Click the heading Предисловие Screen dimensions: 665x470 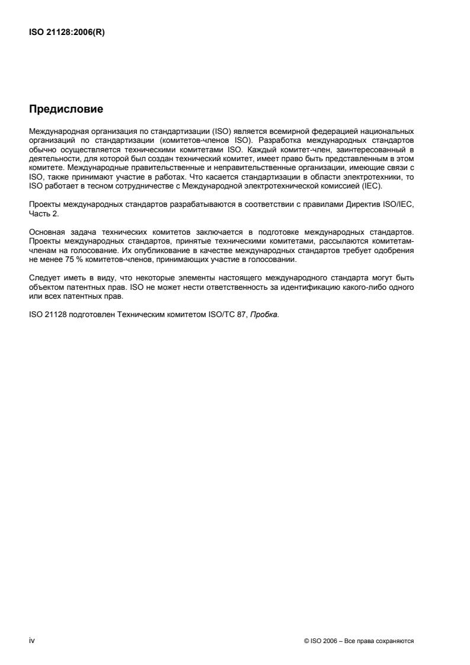coord(66,110)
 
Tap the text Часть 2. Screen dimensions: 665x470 coord(43,214)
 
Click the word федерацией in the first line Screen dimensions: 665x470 coord(340,130)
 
